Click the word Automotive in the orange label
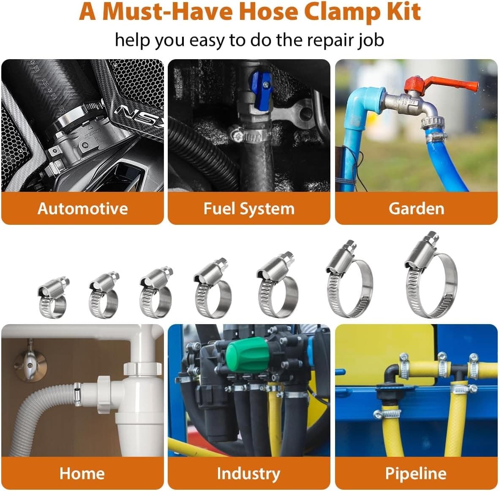coord(82,209)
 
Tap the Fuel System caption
coord(249,209)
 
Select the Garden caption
coord(416,209)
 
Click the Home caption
coord(82,473)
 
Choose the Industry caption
coord(248,473)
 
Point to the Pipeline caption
coord(416,473)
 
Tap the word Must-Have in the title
coord(168,12)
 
